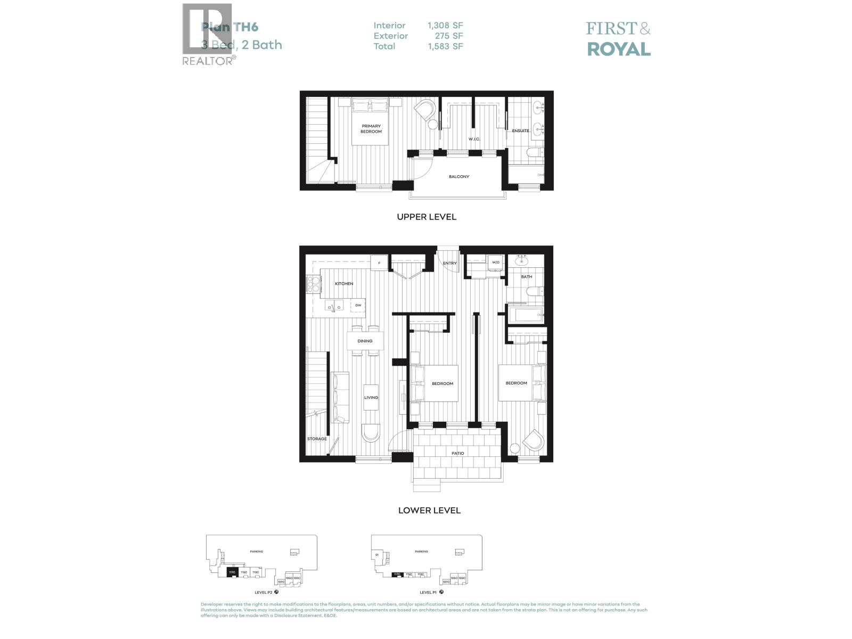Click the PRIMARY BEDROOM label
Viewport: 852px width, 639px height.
371,129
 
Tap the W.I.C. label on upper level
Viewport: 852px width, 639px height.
474,139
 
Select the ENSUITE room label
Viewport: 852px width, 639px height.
520,130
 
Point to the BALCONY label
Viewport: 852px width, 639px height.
458,176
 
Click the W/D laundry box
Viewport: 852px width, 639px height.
496,262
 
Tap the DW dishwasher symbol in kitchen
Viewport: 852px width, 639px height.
358,305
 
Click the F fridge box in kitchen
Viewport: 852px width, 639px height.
379,263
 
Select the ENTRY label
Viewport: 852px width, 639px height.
449,263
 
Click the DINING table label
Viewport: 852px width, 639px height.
365,341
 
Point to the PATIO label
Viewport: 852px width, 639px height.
457,453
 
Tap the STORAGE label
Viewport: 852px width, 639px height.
317,439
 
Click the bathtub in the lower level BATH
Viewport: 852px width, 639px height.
526,315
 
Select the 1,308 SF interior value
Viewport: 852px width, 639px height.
445,25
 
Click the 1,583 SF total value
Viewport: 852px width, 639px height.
445,46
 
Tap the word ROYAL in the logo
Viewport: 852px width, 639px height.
618,49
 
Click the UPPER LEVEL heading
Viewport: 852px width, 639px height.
426,217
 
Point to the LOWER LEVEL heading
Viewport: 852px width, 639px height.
429,510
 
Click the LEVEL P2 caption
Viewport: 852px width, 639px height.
264,592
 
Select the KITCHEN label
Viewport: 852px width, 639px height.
344,283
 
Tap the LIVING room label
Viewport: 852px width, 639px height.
371,397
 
